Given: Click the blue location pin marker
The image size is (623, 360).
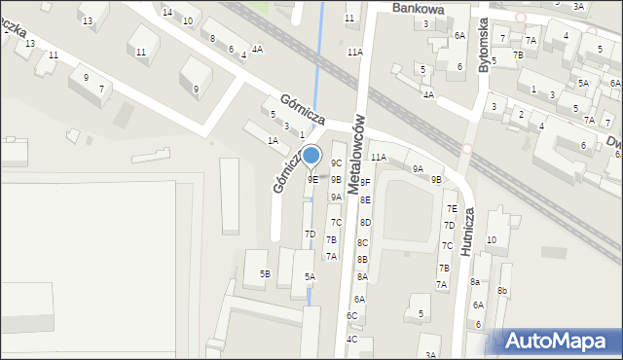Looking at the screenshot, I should coord(311,156).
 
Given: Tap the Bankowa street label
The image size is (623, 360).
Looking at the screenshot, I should coord(419,8).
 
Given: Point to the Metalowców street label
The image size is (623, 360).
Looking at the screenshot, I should coord(356,156).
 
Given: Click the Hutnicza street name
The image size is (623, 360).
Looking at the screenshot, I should coord(468,231).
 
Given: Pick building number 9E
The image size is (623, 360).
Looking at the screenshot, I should coord(312,179).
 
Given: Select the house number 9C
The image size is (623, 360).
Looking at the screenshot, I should coord(336,163).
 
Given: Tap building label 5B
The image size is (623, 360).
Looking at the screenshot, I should coord(264,274).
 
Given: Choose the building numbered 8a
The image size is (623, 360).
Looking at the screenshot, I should coord(475,282).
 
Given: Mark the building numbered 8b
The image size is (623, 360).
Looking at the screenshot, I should coord(502,291).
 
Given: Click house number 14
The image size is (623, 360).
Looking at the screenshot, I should coord(167,12).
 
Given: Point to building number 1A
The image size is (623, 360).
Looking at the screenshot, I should coord(274,141).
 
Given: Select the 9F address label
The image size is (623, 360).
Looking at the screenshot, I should coord(365,182).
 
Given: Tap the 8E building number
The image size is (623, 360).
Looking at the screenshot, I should coord(365,199).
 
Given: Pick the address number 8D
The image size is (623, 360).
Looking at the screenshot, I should coord(365,223).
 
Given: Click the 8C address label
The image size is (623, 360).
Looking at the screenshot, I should coord(362,242).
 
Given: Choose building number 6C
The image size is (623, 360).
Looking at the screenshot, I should coord(352,316).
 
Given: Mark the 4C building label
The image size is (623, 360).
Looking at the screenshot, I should coord(352,339).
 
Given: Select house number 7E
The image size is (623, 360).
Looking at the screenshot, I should coord(452,208).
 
